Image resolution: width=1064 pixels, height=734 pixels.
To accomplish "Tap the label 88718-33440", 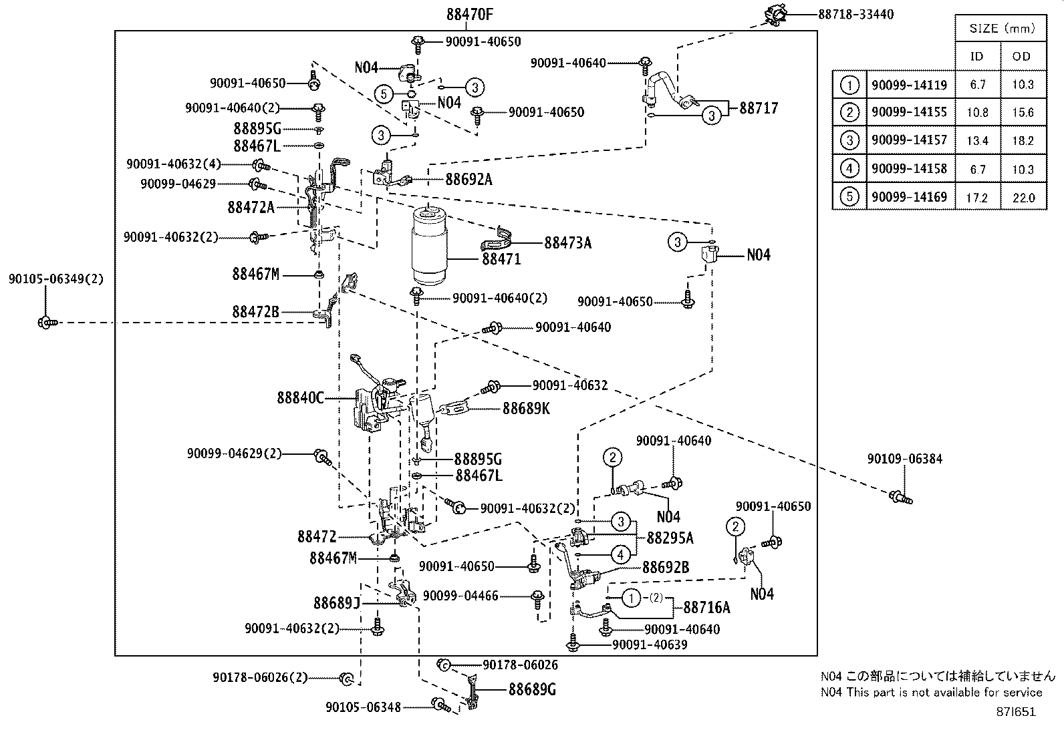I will pos(855,14).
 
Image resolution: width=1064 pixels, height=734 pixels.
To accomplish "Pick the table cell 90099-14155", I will pos(909,112).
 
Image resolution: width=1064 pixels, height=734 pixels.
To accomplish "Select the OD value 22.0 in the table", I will pos(1023,198).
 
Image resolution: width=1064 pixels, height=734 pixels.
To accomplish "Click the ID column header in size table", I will pos(977,57).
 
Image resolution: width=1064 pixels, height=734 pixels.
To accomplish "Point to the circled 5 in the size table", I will pos(849,198).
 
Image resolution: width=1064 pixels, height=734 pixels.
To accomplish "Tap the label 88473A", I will pos(567,242).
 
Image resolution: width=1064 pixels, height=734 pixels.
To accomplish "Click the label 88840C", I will pos(300,398).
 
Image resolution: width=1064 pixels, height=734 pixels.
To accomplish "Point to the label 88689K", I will pos(526,408).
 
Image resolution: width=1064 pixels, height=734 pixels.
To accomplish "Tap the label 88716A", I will pos(706,607).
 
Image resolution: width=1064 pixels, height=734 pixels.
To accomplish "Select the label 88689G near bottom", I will pos(532,689).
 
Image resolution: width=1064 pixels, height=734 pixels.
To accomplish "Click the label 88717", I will pos(759,108).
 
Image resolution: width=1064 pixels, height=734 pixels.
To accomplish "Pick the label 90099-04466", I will pos(460,596).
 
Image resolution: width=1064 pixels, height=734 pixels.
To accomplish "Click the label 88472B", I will pos(255,311).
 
